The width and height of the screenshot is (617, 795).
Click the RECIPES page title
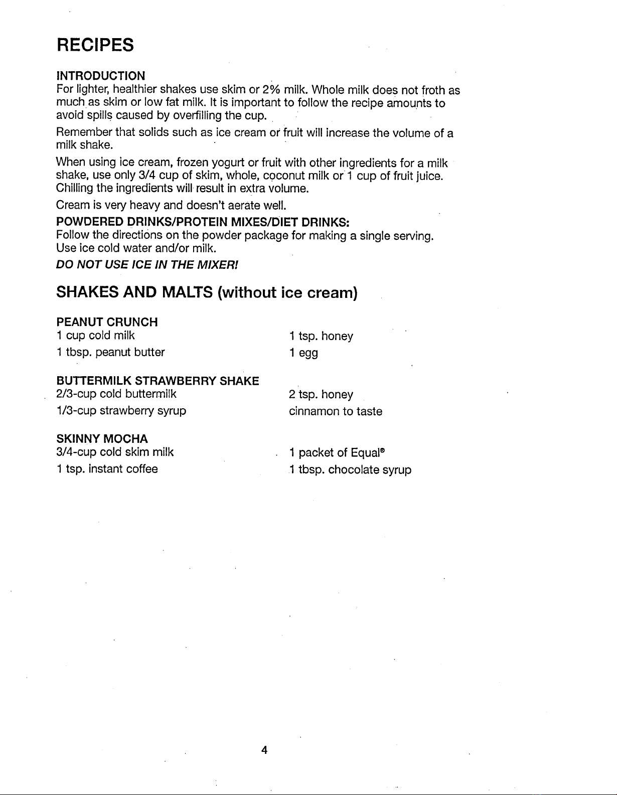[x=95, y=45]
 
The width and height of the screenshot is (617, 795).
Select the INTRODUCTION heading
[x=101, y=76]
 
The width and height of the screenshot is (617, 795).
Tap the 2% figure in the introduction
[x=270, y=90]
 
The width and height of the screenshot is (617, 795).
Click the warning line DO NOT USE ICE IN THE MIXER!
[x=147, y=264]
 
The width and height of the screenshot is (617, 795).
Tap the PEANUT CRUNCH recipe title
[x=107, y=322]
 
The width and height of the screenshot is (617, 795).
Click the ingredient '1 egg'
[x=303, y=353]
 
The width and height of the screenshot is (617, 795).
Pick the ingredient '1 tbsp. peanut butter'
[x=110, y=352]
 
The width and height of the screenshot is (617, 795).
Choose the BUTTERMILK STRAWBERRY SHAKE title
[x=158, y=381]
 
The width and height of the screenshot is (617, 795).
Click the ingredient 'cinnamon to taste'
[x=335, y=411]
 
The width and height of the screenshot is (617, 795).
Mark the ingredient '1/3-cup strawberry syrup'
[x=121, y=411]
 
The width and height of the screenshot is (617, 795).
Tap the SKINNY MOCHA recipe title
[x=102, y=439]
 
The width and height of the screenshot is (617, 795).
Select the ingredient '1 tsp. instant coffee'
[x=107, y=469]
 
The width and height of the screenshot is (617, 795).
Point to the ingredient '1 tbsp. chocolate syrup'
[x=350, y=470]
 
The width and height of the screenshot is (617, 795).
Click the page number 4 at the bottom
[x=264, y=750]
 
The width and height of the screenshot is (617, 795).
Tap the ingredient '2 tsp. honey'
[x=321, y=395]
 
